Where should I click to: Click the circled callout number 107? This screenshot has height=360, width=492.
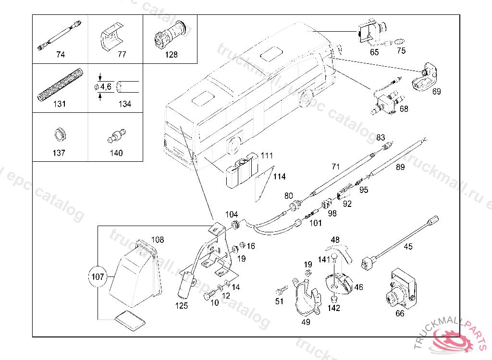click(97, 276)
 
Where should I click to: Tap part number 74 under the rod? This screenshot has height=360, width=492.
click(60, 55)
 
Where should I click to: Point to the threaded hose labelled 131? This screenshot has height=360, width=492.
click(60, 84)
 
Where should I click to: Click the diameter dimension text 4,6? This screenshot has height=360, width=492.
click(105, 86)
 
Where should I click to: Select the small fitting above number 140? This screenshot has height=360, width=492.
click(116, 135)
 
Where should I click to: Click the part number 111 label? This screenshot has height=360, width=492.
click(267, 156)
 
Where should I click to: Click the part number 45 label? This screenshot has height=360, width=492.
click(407, 247)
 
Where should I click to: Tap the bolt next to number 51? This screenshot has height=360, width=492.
click(281, 290)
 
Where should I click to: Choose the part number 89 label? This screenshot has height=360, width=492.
click(400, 168)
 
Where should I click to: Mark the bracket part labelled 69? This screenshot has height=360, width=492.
click(427, 77)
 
